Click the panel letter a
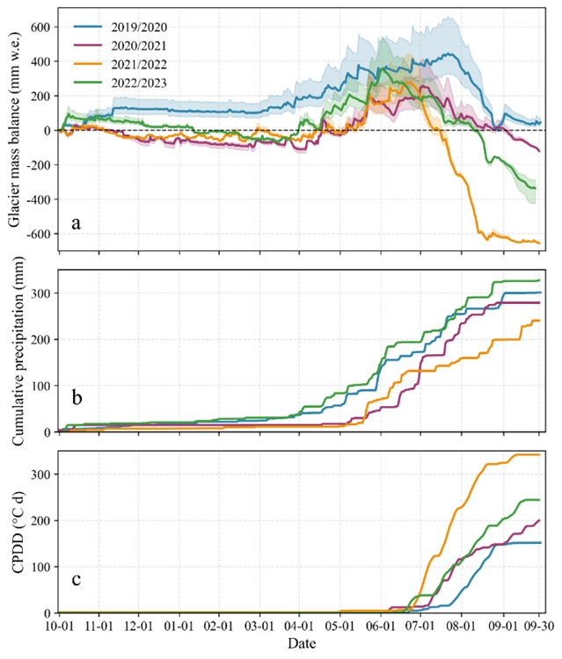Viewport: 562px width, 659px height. click(77, 223)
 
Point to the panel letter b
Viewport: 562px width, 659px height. click(77, 398)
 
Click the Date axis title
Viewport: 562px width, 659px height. click(300, 646)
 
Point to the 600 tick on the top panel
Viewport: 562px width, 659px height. click(40, 27)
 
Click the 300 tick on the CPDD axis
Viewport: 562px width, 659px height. click(40, 474)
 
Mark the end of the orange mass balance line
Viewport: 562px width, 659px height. click(539, 243)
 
